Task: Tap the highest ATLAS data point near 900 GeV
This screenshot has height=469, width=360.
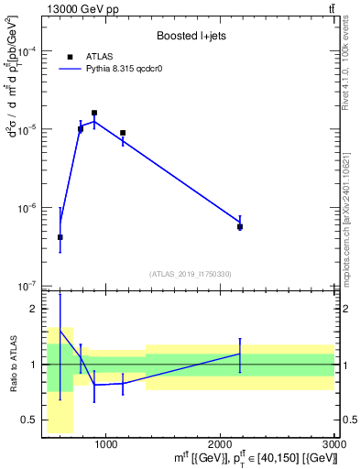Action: point(94,113)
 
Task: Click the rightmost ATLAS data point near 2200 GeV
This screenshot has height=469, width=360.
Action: point(240,226)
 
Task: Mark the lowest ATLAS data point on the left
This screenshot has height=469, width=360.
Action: point(60,237)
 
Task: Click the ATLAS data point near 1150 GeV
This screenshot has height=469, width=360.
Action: point(123,133)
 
